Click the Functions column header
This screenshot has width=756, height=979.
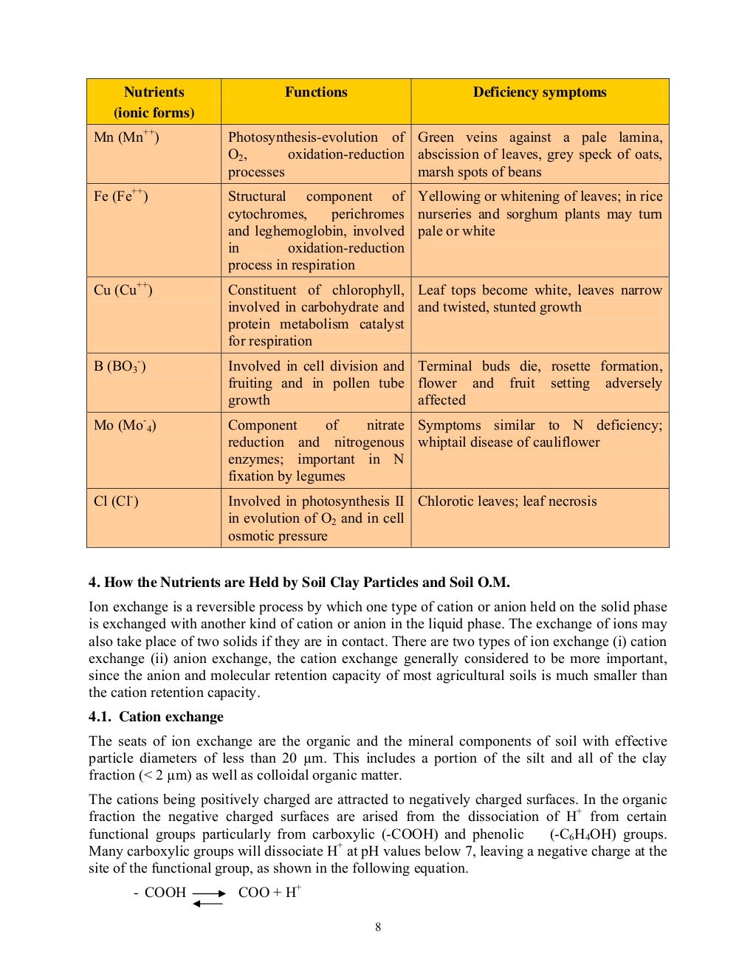(316, 92)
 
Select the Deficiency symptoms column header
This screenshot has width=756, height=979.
(540, 92)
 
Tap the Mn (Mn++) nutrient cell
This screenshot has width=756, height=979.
(126, 137)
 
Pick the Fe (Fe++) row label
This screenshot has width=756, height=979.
(121, 196)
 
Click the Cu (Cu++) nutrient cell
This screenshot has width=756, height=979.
(123, 289)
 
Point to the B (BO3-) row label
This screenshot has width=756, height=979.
(120, 366)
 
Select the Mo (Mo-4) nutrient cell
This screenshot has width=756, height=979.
(125, 425)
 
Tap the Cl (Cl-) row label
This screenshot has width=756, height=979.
(116, 501)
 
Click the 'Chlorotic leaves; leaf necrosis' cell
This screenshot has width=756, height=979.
(507, 501)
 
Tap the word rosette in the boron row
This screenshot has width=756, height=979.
(571, 366)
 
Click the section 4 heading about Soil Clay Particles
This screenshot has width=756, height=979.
(299, 583)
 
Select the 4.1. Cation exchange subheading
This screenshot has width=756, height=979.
(156, 717)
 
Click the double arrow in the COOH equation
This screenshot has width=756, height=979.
(208, 898)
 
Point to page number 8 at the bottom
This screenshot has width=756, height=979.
(378, 927)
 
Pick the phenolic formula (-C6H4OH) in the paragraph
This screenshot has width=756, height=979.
(583, 834)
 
